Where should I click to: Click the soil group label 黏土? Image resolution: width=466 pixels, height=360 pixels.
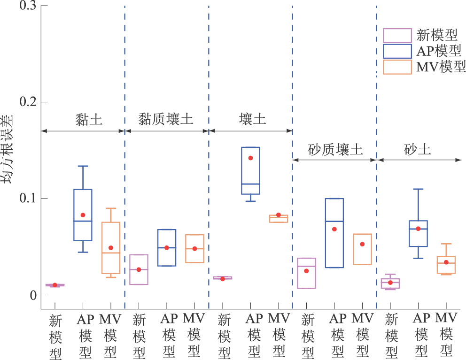click(88, 119)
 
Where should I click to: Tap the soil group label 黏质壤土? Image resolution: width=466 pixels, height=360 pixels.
click(166, 119)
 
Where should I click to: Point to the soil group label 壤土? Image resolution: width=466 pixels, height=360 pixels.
click(252, 119)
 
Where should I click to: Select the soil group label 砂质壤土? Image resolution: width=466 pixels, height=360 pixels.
click(335, 150)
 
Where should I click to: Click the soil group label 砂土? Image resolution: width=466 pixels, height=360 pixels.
click(417, 150)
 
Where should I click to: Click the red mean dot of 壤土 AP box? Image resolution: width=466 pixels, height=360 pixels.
click(250, 158)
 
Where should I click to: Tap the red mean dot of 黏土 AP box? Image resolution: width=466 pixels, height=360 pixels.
click(83, 215)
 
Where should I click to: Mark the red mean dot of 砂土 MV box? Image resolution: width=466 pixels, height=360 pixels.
click(446, 262)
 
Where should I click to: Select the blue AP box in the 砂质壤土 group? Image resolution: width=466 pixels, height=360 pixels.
click(334, 233)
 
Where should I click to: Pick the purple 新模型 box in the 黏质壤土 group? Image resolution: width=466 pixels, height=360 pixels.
click(139, 269)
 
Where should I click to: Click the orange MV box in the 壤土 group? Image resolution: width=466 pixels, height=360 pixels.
click(278, 219)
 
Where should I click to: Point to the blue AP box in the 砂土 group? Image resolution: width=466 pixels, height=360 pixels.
click(418, 233)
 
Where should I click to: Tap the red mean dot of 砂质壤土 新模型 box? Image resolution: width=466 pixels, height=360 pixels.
click(306, 271)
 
